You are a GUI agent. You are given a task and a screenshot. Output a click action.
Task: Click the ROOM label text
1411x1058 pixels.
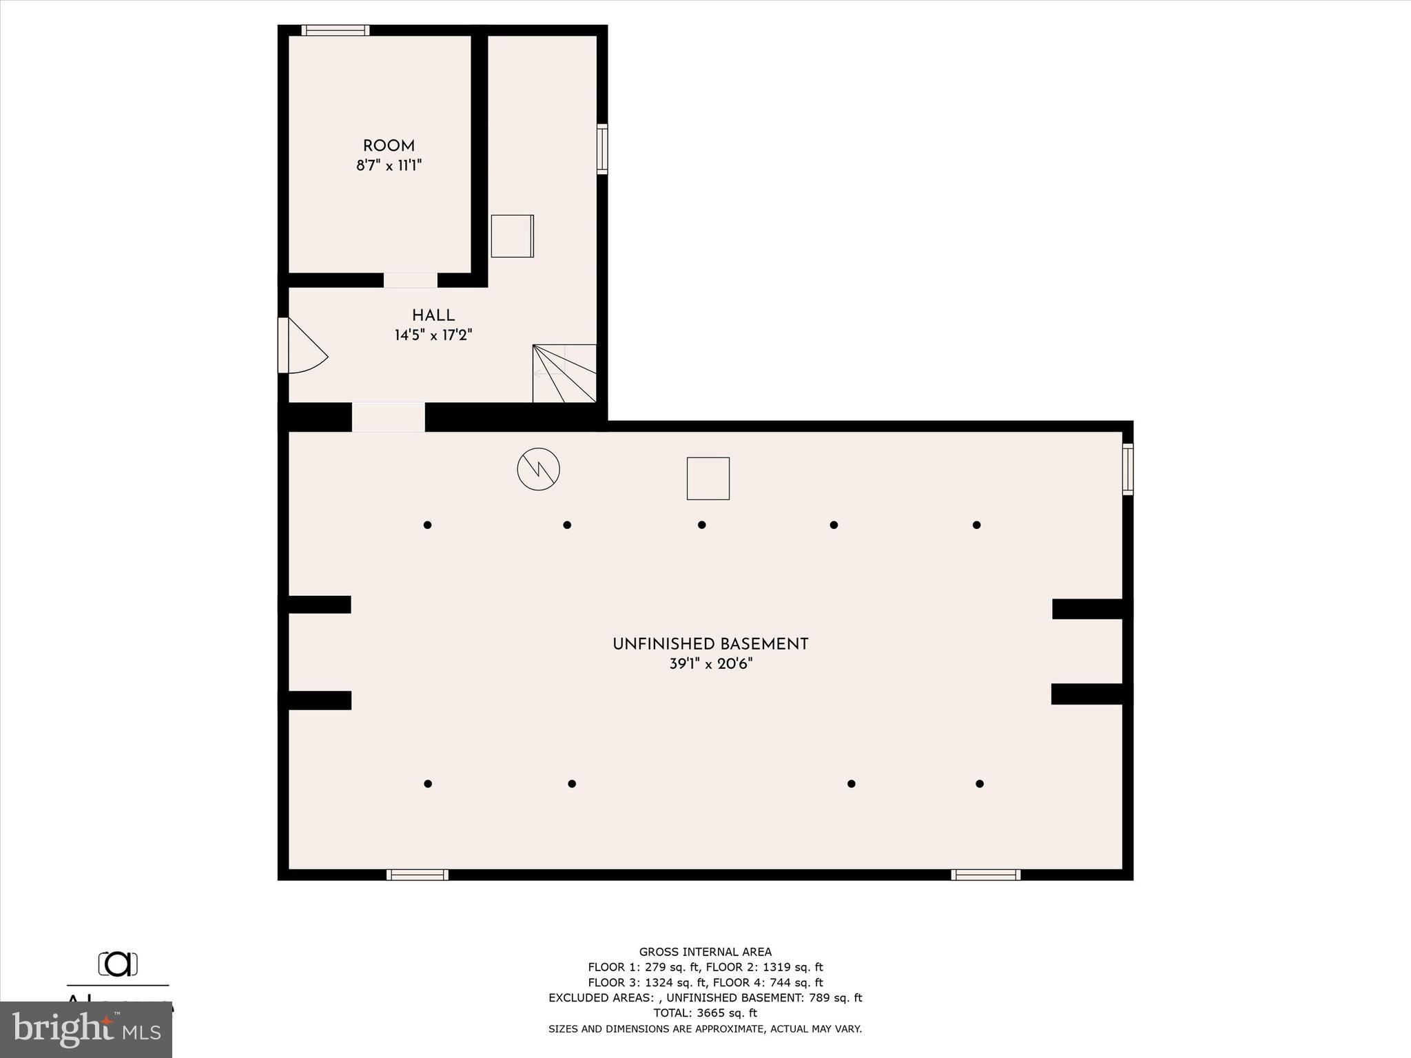389,146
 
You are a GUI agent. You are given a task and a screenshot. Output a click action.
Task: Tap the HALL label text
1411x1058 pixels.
433,315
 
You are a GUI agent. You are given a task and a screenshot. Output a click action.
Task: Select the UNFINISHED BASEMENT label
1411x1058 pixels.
710,645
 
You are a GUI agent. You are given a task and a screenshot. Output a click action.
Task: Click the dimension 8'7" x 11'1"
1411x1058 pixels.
389,166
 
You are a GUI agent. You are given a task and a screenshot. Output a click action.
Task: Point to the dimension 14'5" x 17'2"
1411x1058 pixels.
433,335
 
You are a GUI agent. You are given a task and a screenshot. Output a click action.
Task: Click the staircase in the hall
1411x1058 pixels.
564,373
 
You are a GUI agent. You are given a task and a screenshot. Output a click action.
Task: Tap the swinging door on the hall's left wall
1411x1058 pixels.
301,346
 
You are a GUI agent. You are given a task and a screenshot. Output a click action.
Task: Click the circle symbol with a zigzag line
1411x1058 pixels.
539,470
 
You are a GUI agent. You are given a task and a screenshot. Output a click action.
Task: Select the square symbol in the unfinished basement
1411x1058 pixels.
708,479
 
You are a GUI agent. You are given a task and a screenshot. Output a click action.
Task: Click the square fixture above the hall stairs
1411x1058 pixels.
512,236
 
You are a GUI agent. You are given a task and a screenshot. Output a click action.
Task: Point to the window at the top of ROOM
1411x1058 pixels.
336,30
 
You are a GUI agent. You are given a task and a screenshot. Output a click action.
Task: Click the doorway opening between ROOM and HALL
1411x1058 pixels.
411,280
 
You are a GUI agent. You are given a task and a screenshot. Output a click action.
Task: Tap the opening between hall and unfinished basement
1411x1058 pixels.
389,417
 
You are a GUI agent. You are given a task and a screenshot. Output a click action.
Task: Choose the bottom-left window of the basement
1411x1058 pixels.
418,875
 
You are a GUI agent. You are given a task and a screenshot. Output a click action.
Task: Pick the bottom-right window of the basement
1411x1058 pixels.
986,875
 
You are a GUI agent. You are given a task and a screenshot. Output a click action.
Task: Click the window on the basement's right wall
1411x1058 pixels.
1128,469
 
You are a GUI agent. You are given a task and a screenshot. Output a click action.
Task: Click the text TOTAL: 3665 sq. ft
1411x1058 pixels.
705,1013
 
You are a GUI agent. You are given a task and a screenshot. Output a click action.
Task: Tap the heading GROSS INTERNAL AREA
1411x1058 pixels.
705,953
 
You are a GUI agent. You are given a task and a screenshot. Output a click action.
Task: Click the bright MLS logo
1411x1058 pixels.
86,1030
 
